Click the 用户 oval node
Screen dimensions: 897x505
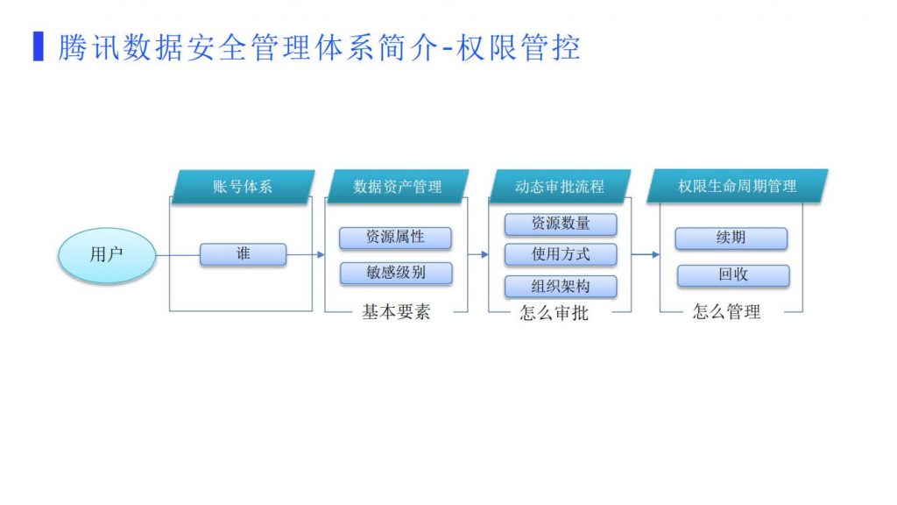(107, 255)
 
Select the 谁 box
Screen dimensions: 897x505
(244, 254)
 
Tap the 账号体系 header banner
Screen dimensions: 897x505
(244, 187)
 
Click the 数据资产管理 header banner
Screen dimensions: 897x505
(398, 187)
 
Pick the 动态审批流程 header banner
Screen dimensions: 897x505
(560, 187)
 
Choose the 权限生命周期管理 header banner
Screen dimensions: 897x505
(738, 186)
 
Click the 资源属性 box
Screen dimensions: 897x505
(395, 238)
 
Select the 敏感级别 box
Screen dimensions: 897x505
(396, 274)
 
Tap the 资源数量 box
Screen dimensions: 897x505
(561, 224)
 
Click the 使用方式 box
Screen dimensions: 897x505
(561, 255)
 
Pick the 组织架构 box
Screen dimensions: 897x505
(561, 287)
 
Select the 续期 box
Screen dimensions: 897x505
(731, 238)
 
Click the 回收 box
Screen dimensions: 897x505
(733, 275)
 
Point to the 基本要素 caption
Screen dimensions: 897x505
(396, 312)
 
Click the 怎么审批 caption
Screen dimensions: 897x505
(554, 313)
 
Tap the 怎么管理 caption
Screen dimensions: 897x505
(726, 312)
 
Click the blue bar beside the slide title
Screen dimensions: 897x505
(39, 46)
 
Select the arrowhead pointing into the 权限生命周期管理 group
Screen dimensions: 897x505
(655, 255)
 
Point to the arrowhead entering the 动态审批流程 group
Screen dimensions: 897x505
(484, 255)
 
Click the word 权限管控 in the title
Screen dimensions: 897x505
(519, 47)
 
